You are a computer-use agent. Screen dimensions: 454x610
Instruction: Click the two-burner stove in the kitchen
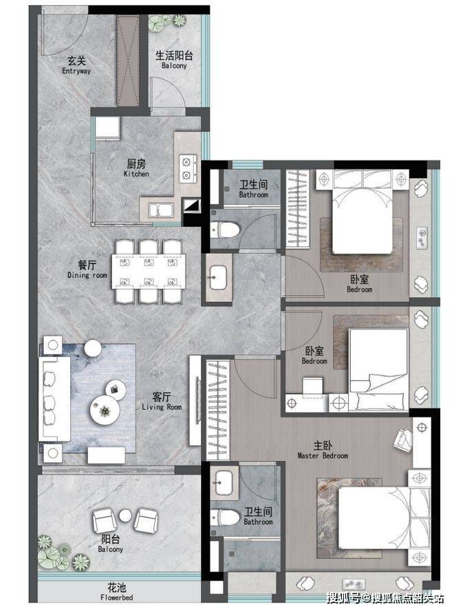188,168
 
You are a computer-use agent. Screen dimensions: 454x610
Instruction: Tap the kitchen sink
160,210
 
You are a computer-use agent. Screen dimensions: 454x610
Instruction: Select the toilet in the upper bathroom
224,230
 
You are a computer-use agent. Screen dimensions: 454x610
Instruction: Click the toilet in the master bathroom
225,518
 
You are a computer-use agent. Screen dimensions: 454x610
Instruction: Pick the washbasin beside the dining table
218,277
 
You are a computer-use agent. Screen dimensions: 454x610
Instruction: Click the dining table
149,272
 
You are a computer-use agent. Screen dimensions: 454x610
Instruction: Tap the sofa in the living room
54,399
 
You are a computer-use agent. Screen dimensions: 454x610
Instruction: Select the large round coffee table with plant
105,410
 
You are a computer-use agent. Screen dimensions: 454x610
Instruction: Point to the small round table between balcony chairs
125,516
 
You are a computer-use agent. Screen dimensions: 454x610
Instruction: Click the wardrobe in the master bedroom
218,410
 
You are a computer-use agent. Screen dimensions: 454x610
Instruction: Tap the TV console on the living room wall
195,401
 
